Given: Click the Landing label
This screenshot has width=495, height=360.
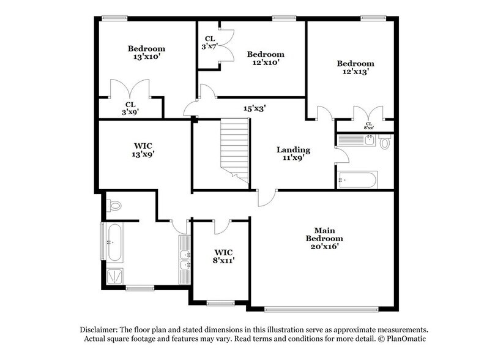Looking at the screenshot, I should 293,149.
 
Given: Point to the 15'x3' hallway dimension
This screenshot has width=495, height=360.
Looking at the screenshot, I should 254,108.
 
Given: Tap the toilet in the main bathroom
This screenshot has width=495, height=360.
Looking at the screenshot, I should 114,205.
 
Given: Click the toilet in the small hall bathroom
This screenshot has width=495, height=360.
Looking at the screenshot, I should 384,143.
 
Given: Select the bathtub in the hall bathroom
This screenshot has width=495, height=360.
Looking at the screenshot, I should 357,180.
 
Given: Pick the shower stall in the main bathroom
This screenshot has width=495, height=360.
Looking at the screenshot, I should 114,276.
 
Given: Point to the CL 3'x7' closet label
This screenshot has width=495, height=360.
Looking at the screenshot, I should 209,42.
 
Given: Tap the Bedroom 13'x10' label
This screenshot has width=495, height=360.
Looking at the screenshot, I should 146,53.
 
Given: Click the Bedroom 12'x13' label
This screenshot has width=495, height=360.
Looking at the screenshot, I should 355,67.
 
